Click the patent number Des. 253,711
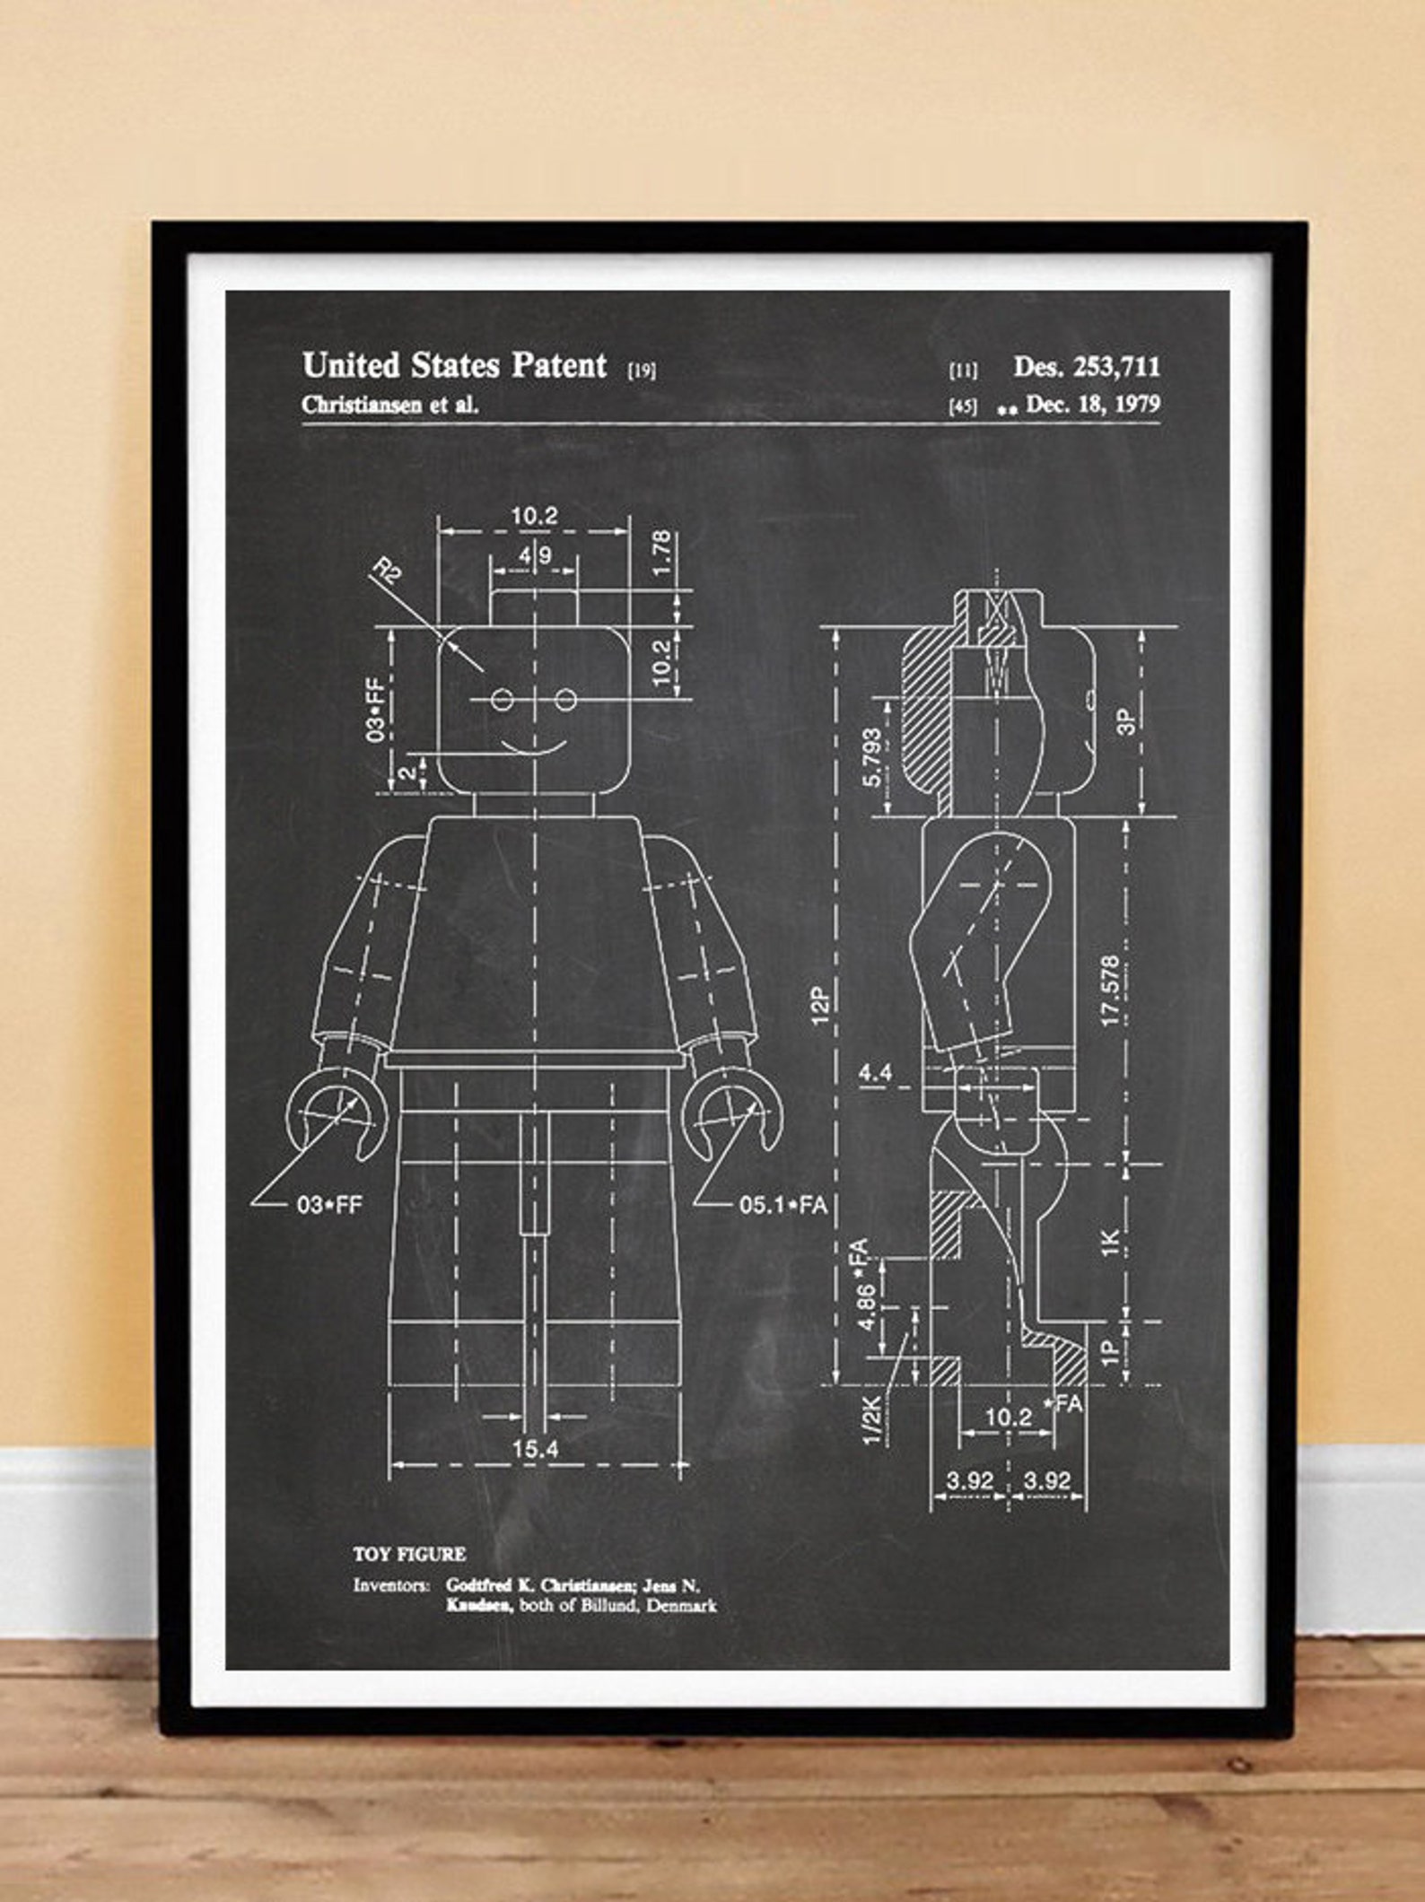tap(1087, 366)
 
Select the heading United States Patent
tap(455, 366)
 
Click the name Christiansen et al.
tap(390, 405)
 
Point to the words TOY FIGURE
tap(409, 1555)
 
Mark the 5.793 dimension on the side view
tap(871, 756)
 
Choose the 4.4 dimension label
tap(876, 1072)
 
